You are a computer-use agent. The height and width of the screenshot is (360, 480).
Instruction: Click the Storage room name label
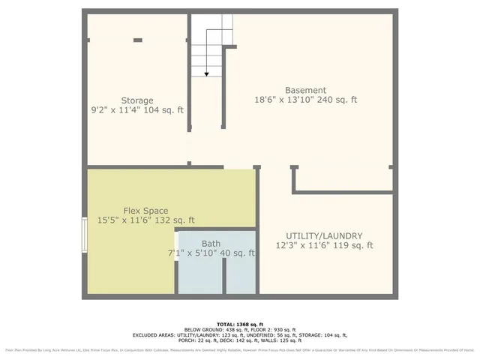(137, 100)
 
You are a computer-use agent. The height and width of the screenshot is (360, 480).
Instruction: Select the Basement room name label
(305, 88)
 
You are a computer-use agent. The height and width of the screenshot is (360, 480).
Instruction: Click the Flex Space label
(145, 211)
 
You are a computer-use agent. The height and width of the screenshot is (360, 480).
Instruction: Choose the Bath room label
(211, 244)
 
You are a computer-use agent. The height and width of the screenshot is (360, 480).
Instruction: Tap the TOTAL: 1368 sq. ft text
(240, 322)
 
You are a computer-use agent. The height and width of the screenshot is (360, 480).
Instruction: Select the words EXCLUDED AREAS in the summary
(158, 335)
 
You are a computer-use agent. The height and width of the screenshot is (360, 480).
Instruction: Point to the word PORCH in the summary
(197, 341)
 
